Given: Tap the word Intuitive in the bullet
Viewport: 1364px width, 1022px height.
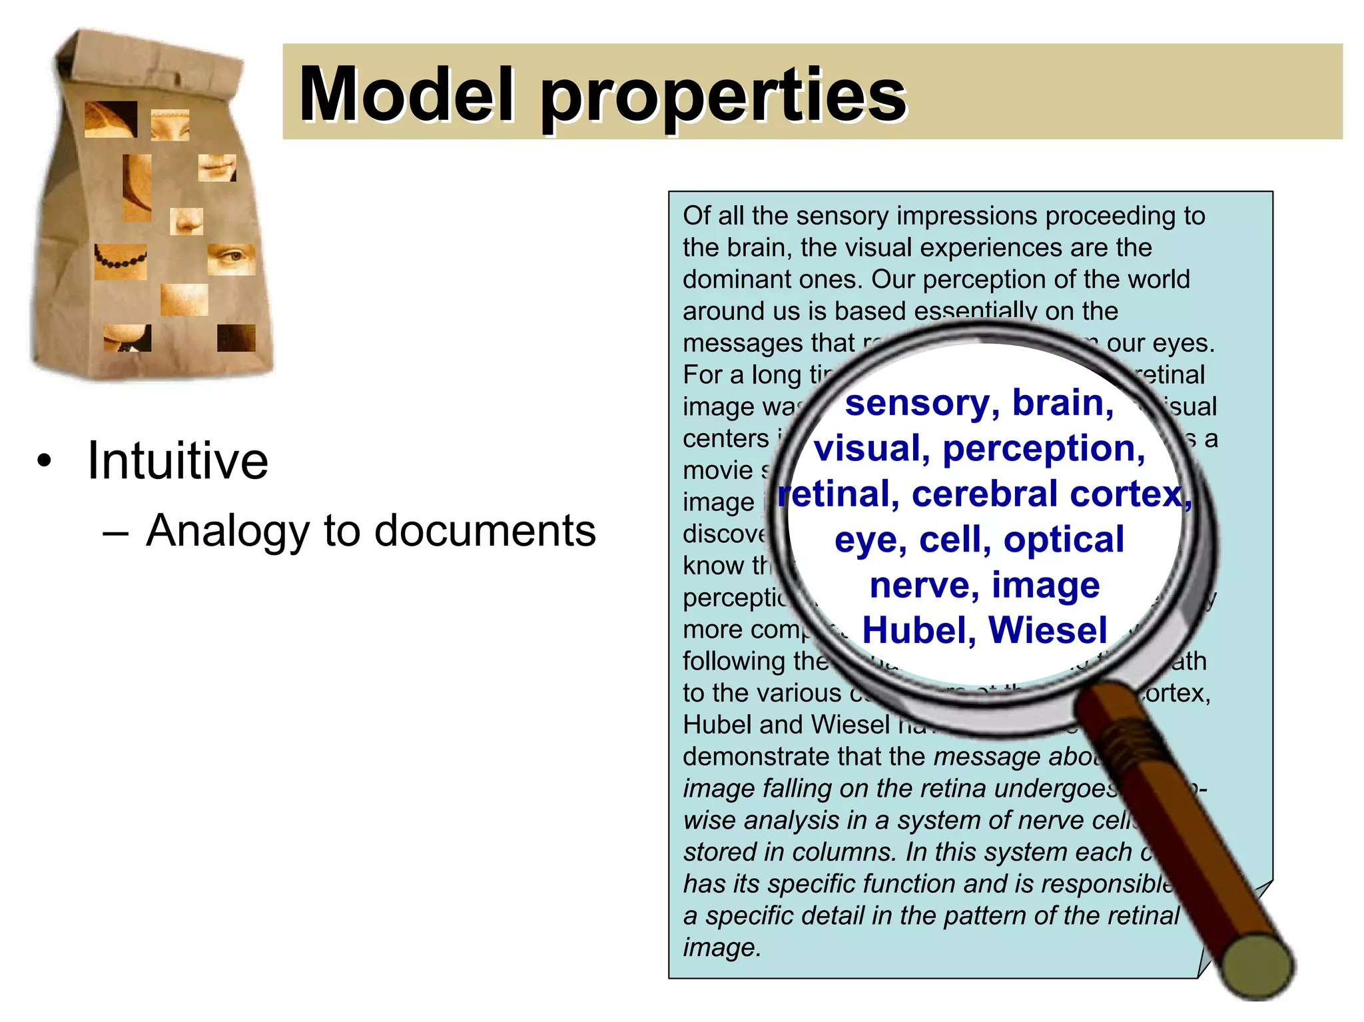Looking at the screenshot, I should click(177, 460).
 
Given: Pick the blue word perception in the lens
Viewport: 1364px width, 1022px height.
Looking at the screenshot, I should click(1043, 448).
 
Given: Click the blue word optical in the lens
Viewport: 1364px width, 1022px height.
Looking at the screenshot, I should click(1064, 540).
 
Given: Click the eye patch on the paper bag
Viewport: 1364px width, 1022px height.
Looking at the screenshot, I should click(231, 258).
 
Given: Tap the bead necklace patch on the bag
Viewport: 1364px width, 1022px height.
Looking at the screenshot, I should click(120, 260).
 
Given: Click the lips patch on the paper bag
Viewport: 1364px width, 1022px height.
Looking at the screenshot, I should click(217, 167).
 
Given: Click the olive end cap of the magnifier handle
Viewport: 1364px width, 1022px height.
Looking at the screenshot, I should click(1259, 967).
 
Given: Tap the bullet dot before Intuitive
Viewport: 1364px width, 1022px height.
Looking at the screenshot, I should click(44, 461).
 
